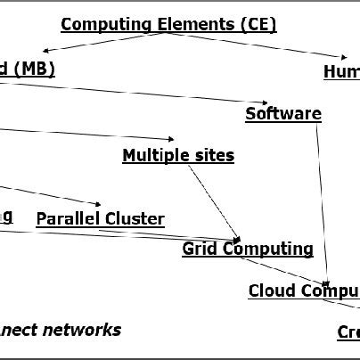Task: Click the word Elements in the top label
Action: point(188,24)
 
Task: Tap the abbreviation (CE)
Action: point(258,24)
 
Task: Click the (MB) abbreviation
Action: point(34,70)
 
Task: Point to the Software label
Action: point(282,113)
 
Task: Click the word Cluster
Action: point(135,218)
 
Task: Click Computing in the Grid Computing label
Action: point(268,249)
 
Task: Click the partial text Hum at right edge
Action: point(342,71)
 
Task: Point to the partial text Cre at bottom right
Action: point(348,331)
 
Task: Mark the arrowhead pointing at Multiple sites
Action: point(171,140)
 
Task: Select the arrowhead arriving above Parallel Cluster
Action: point(98,205)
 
